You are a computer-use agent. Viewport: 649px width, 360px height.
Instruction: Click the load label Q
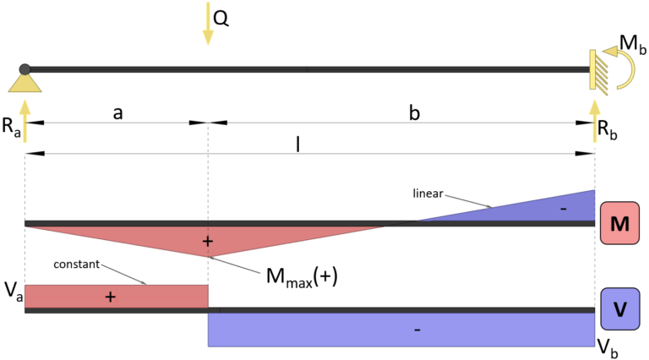[x=221, y=18]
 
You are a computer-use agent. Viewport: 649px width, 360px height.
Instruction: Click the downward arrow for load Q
[x=207, y=24]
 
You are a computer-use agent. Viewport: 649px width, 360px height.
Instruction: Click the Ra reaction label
[x=12, y=129]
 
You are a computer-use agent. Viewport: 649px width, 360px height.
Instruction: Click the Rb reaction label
[x=609, y=129]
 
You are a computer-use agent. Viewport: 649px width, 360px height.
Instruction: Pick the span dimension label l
[x=297, y=143]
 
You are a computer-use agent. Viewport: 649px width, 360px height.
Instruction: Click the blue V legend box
[x=619, y=308]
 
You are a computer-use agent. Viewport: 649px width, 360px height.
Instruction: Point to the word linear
[x=428, y=194]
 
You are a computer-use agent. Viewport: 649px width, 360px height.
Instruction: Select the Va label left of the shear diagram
[x=12, y=292]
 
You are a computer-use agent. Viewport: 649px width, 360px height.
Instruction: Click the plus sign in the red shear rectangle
[x=110, y=297]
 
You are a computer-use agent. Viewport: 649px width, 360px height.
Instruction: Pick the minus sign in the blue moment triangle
[x=562, y=208]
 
